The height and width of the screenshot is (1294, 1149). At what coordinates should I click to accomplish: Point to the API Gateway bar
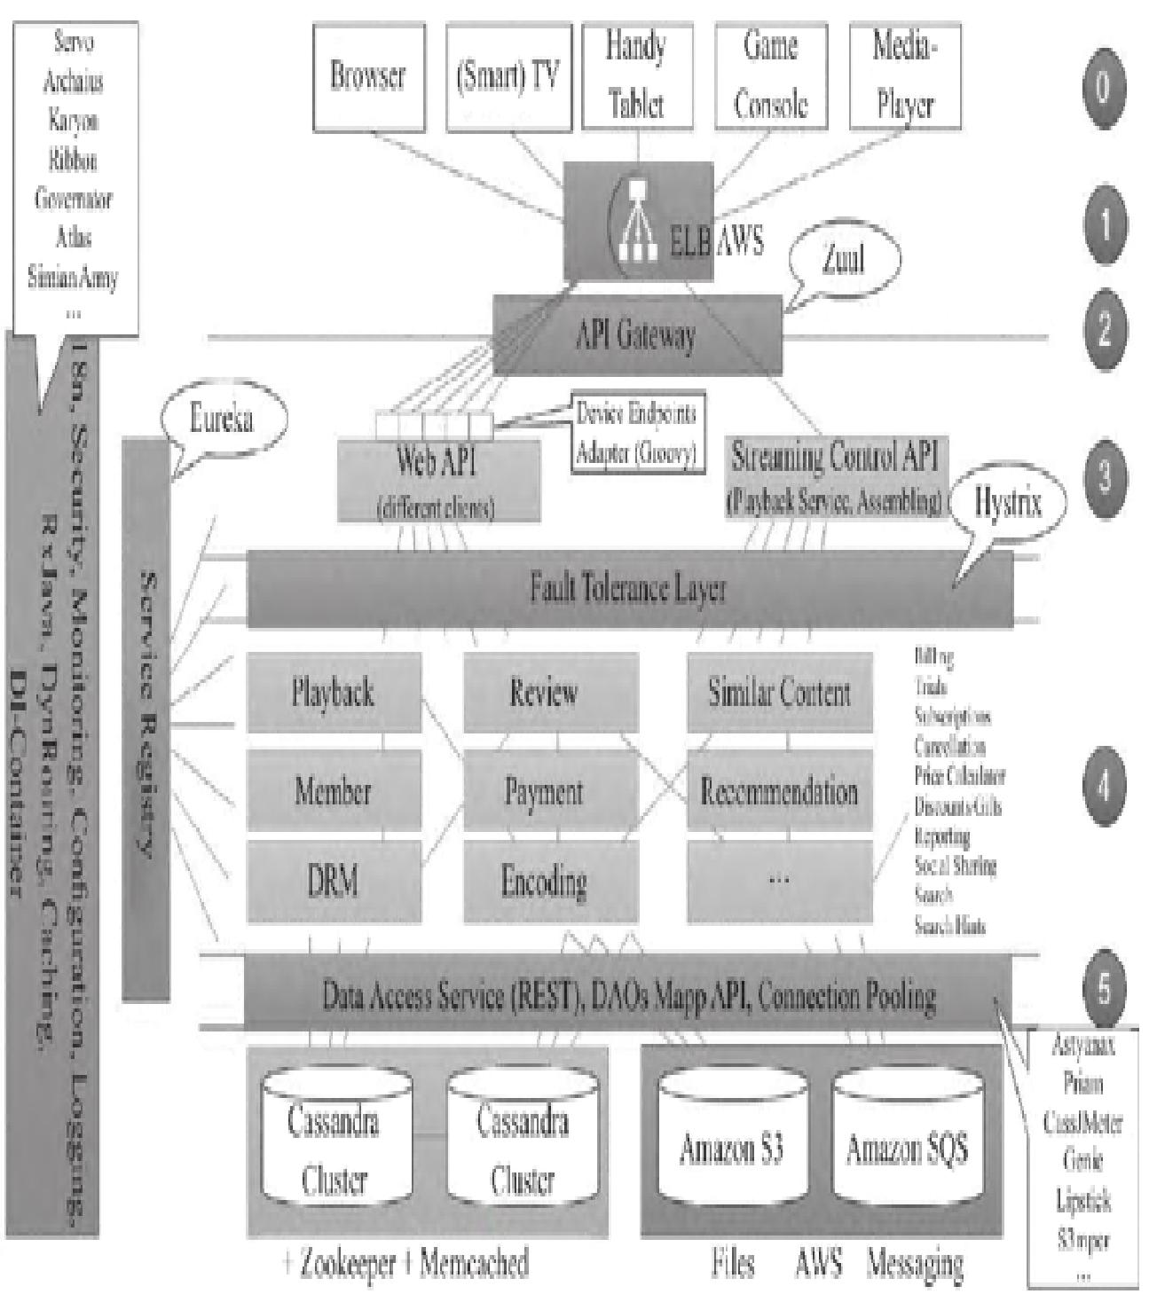(x=636, y=335)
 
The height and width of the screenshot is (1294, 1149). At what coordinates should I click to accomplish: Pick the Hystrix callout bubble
(x=1007, y=503)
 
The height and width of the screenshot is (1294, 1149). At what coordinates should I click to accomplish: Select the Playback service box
(x=334, y=693)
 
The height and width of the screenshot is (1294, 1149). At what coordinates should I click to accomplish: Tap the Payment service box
(x=544, y=791)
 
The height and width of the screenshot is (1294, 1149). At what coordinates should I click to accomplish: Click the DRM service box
(x=333, y=882)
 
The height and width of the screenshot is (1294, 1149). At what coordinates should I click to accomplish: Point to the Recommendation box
(x=779, y=791)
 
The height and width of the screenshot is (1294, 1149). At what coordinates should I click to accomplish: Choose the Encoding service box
(x=544, y=882)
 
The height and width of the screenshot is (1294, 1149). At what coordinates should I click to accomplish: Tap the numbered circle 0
(x=1103, y=87)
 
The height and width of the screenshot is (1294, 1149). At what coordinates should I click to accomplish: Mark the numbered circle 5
(x=1103, y=989)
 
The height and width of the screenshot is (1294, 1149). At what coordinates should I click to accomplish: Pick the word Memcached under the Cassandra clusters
(x=474, y=1262)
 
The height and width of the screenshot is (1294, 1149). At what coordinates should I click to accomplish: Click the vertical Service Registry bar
(x=146, y=718)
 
